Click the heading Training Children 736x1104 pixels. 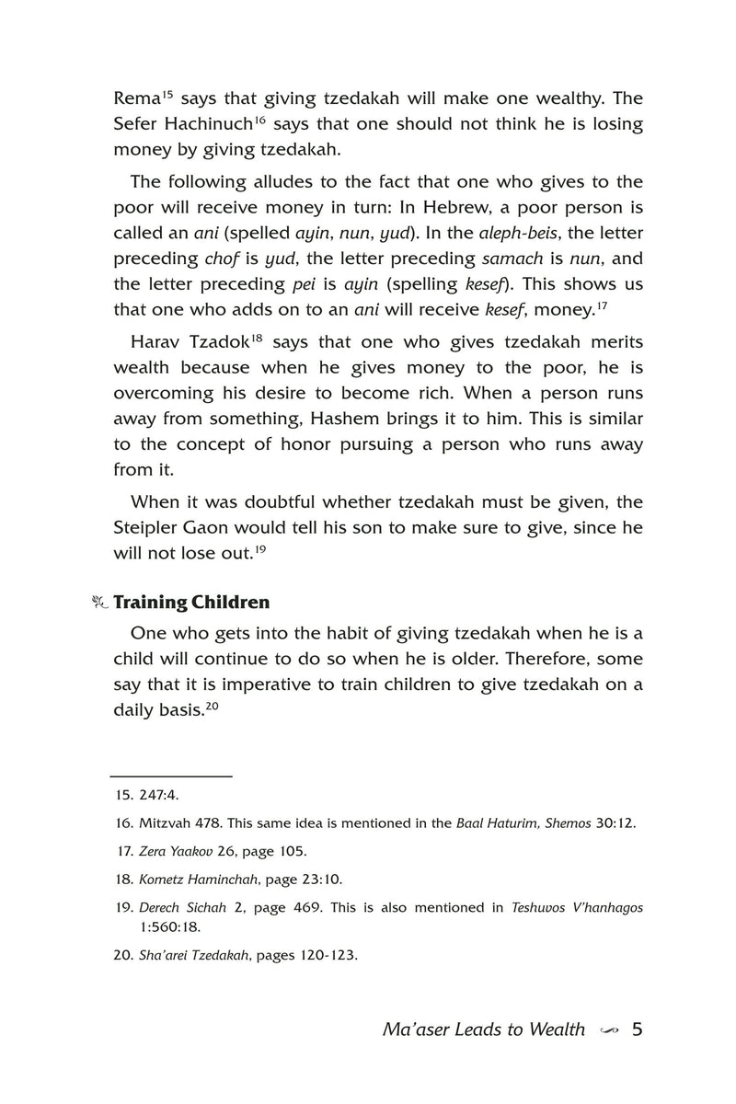coord(191,604)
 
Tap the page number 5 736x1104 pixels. coord(637,1029)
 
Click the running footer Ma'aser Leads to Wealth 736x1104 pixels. coord(484,1029)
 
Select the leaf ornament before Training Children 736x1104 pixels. coord(100,604)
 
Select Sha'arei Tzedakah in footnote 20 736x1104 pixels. coord(193,955)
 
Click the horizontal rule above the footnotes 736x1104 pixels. coord(170,776)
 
